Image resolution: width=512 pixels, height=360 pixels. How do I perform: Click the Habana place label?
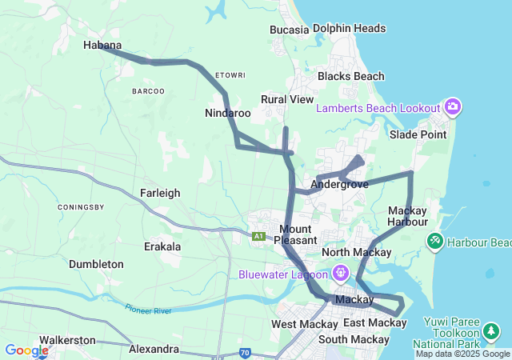coord(102,46)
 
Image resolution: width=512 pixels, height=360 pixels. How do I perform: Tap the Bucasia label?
coord(289,30)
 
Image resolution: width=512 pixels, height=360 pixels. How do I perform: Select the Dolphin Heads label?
coord(349,29)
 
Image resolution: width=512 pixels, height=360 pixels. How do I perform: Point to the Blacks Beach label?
coord(350,77)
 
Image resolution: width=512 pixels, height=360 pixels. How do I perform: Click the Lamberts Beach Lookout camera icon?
coord(453,107)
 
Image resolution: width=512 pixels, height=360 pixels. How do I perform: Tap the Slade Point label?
coord(418,134)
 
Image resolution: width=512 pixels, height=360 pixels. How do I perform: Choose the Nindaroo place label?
coord(227,114)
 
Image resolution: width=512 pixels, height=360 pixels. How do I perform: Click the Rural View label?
coord(287,99)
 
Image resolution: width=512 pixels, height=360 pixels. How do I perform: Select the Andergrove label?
coord(338,184)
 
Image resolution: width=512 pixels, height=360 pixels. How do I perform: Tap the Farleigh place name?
coord(160,193)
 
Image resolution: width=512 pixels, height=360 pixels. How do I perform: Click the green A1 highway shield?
coord(258,236)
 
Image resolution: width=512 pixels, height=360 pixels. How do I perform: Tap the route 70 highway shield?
coord(244,352)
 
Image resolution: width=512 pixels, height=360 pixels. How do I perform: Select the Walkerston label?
coord(67,340)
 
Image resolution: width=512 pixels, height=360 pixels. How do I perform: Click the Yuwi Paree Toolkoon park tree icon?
coord(491,330)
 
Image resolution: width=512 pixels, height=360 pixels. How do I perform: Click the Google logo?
coord(26,350)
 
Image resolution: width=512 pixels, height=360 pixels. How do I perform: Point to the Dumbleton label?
coord(96,264)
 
